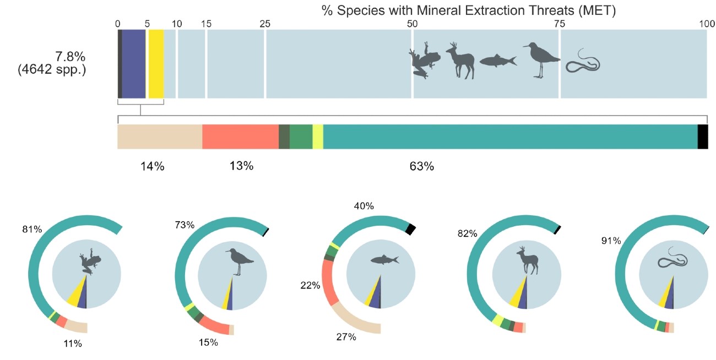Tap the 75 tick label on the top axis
[559, 24]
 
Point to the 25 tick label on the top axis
[265, 24]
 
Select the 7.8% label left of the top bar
[70, 56]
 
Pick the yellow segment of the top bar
[156, 64]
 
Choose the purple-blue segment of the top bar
[133, 64]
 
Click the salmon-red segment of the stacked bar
[240, 137]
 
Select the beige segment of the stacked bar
[160, 137]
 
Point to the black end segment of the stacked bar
[702, 137]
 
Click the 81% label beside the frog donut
[32, 229]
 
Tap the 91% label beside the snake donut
[611, 241]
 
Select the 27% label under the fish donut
[346, 337]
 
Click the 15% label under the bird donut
[208, 342]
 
